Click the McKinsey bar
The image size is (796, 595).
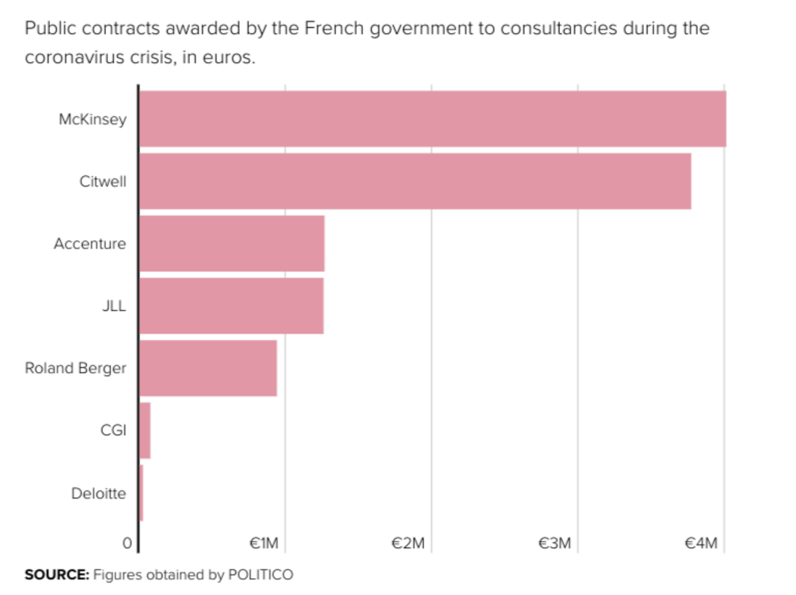pos(432,119)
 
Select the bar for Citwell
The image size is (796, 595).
pos(415,181)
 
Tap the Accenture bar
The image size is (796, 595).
pos(232,244)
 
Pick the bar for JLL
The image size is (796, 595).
pos(232,306)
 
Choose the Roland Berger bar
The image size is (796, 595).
pos(208,368)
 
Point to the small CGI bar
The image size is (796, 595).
pos(145,430)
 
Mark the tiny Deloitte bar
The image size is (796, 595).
pos(141,493)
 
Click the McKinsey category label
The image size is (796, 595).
pos(93,119)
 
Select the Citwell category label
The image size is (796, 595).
pos(103,181)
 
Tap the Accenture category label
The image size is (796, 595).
pos(90,244)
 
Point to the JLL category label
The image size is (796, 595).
pos(114,306)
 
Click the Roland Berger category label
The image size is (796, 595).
pos(76,368)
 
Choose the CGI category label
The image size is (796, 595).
pos(113,430)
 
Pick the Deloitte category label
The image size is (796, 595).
pos(99,493)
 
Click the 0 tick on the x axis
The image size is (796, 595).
pos(127,543)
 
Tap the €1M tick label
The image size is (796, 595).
pos(264,543)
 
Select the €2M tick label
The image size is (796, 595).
pos(408,543)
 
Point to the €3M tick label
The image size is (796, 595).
pos(554,543)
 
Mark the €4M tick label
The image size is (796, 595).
pos(701,543)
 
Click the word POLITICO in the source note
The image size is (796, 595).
pos(261,575)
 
